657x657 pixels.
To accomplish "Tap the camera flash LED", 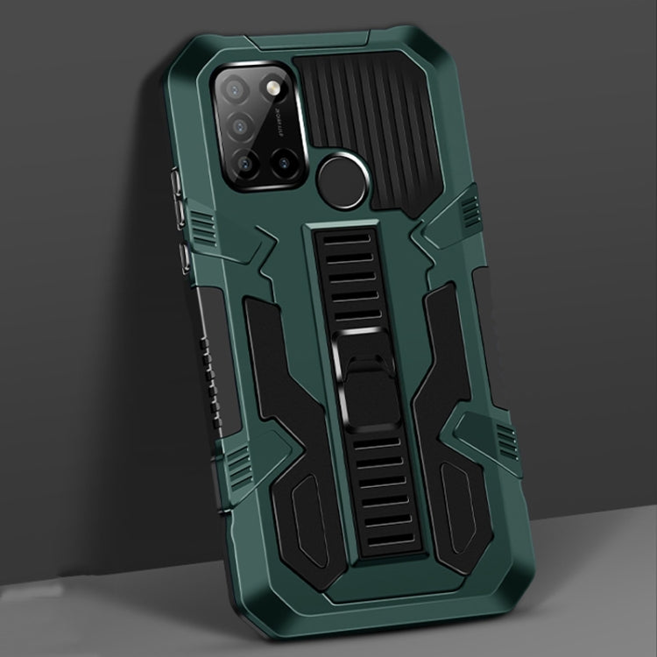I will click(268, 91).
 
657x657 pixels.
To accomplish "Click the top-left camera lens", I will click(235, 88).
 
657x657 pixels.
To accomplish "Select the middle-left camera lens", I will click(237, 125).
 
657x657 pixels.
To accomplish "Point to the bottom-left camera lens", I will click(239, 162).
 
